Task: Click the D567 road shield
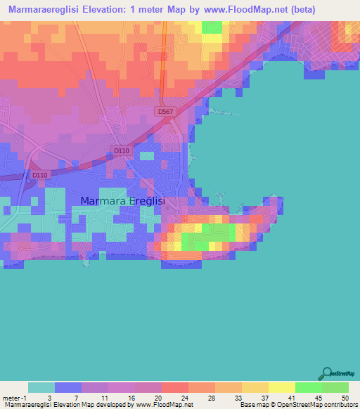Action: point(165,111)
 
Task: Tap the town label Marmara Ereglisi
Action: point(123,201)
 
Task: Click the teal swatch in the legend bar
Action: point(41,387)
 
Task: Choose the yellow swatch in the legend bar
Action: point(281,387)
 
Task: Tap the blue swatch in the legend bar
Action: point(68,387)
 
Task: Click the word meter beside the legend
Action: point(11,397)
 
